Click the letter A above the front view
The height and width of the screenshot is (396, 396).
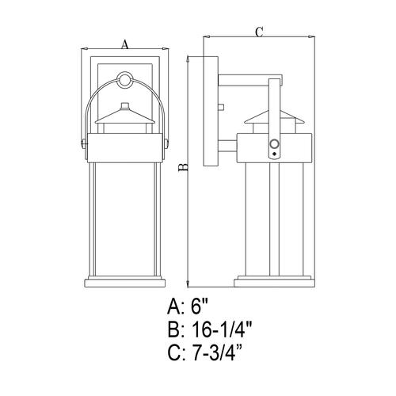pyautogui.click(x=125, y=46)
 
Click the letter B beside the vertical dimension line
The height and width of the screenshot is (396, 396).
pyautogui.click(x=181, y=168)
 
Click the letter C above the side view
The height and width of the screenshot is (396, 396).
pyautogui.click(x=258, y=31)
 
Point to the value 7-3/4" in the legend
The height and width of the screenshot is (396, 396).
pyautogui.click(x=226, y=356)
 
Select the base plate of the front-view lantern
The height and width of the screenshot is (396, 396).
pyautogui.click(x=125, y=281)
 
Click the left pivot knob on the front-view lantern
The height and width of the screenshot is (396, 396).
pyautogui.click(x=83, y=143)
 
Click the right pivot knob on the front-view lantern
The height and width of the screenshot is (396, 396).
pyautogui.click(x=167, y=143)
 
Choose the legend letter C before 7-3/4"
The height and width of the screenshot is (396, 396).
pyautogui.click(x=175, y=356)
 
